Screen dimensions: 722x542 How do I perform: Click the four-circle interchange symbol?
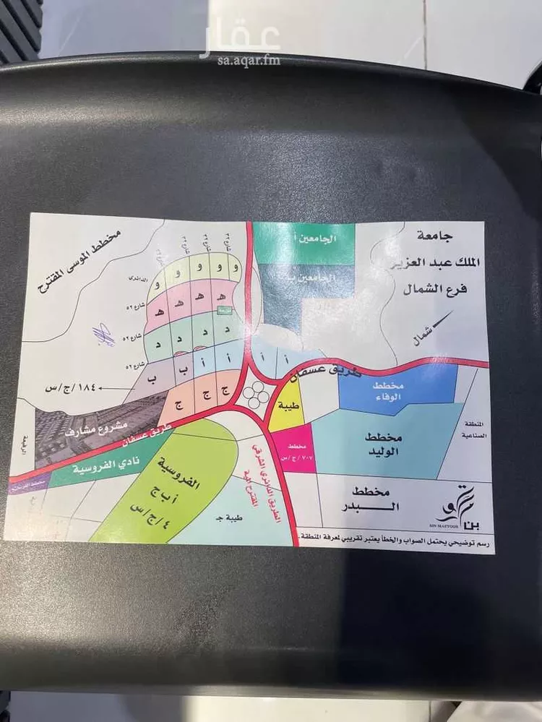coord(254,393)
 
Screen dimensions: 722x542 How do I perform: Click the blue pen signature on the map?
coord(103,335)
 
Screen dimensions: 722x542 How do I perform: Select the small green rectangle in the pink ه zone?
coord(225,310)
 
